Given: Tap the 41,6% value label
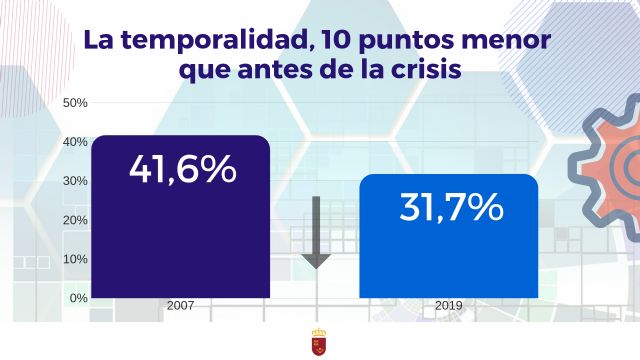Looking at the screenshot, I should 182,168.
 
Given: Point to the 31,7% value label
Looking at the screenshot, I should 450,207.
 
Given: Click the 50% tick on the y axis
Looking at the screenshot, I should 76,103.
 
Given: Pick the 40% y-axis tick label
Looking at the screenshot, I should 76,142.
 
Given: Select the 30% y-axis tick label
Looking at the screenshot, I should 76,181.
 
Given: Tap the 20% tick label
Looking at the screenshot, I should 76,220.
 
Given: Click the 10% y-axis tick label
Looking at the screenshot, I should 76,259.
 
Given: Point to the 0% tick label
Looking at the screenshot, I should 79,298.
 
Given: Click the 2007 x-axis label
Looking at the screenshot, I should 181,306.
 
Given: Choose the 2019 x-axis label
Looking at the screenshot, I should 448,306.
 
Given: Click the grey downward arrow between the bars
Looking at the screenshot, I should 316,235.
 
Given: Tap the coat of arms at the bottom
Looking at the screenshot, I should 319,343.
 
